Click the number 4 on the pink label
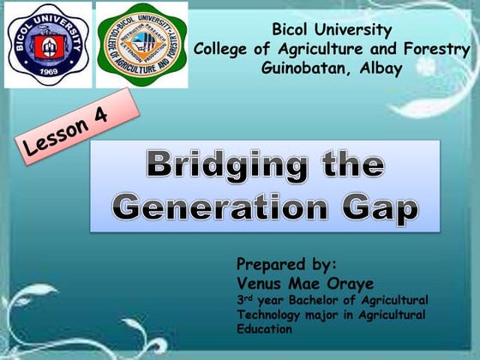(x=100, y=117)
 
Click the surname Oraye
(x=335, y=282)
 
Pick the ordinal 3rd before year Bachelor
(x=245, y=299)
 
